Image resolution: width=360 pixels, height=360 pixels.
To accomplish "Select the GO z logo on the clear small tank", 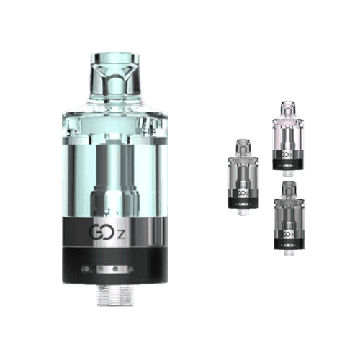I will [x=243, y=192].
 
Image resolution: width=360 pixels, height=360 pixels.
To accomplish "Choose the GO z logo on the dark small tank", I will [x=287, y=233].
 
